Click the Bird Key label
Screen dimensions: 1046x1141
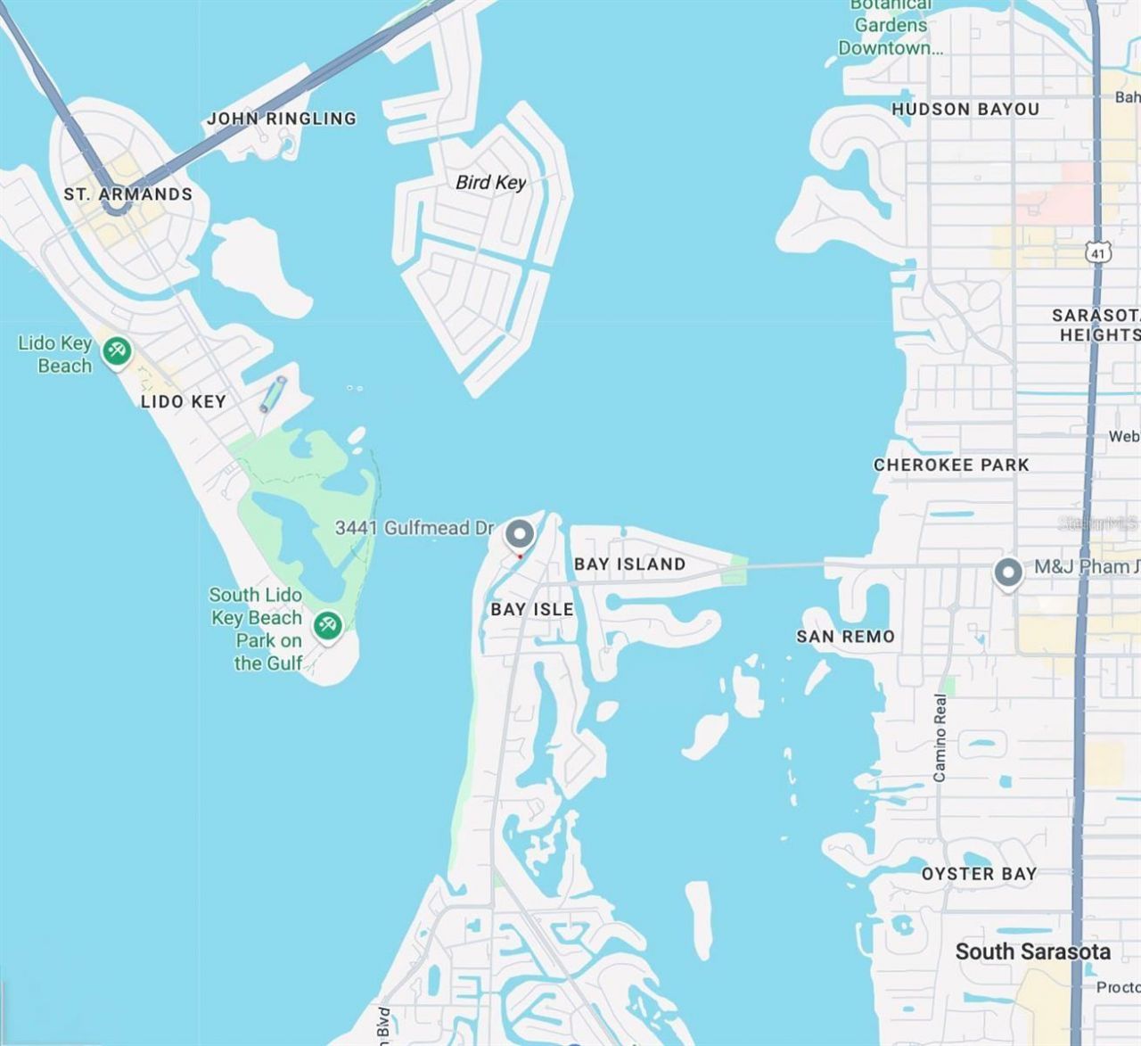pos(490,183)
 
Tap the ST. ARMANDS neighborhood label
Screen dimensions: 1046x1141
pos(127,194)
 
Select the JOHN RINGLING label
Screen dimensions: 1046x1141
pos(282,119)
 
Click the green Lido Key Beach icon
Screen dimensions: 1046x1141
pos(117,350)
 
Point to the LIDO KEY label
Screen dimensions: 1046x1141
pos(183,401)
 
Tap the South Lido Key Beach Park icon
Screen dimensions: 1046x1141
pos(328,625)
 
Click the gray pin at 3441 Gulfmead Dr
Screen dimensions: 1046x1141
pos(520,535)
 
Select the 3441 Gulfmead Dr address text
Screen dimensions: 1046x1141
pos(414,528)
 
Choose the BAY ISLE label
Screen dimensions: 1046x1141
pos(532,609)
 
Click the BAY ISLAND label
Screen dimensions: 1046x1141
pos(629,564)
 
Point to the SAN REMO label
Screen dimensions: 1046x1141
pos(845,636)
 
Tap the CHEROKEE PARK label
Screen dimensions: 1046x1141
pos(951,465)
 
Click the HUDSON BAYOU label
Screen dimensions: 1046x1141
pos(965,109)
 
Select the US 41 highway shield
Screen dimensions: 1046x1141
pos(1098,252)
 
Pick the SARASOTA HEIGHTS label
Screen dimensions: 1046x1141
pos(1096,325)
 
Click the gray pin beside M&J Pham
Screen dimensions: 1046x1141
pos(1008,572)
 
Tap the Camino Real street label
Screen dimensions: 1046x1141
pos(940,737)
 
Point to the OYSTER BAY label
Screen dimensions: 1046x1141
pos(979,874)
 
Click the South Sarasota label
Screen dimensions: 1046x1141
pos(1032,951)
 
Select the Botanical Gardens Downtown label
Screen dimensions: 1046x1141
pos(891,27)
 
